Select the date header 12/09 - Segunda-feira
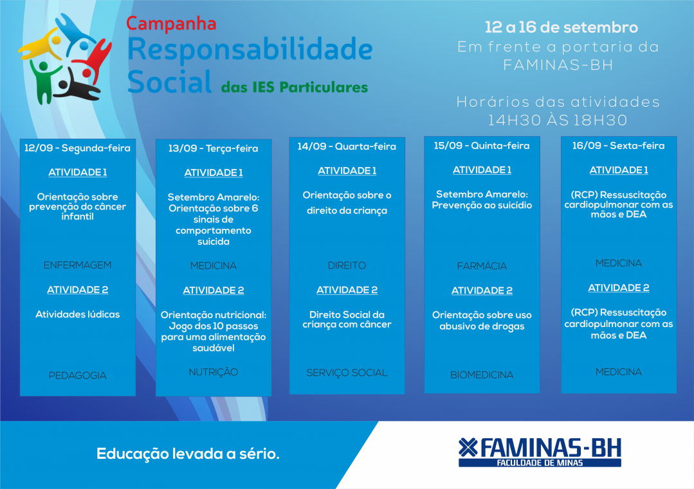[77, 148]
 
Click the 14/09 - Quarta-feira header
[347, 147]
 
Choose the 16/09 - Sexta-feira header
[618, 145]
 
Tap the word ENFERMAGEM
[77, 265]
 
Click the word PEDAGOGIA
[77, 375]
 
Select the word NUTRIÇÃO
[214, 372]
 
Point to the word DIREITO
[347, 265]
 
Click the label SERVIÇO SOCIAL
[347, 373]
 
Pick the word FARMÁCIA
[482, 266]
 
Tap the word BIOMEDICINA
[482, 375]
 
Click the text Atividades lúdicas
[77, 314]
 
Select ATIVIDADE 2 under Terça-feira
[214, 290]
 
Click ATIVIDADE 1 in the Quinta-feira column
[482, 170]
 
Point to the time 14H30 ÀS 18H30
[558, 120]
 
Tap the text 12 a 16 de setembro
[562, 28]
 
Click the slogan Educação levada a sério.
[188, 454]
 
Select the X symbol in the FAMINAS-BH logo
[468, 447]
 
